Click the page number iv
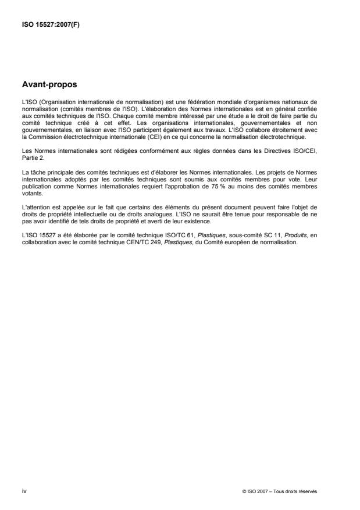pos(24,491)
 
